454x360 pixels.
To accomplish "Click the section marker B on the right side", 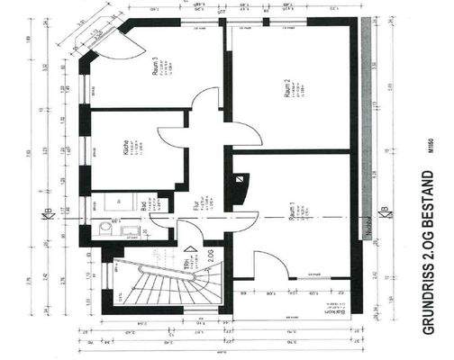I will click(x=385, y=212).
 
